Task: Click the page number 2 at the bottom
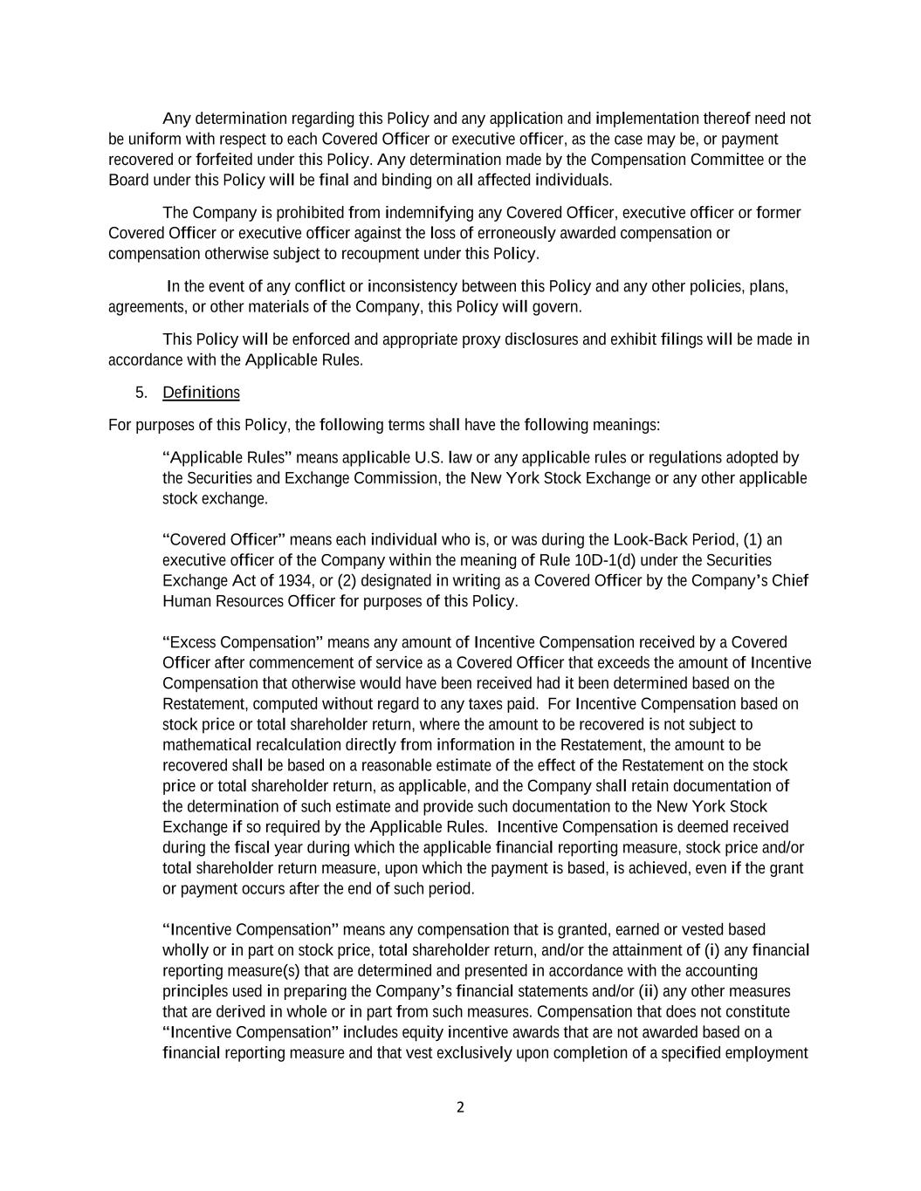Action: tap(460, 1108)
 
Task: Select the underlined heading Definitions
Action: tap(201, 393)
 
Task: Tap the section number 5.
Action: tap(141, 393)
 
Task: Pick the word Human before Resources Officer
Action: tap(183, 601)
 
